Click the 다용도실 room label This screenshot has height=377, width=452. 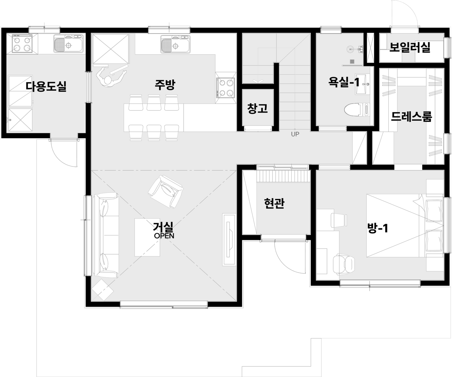(46, 86)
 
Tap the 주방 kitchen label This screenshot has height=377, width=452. (165, 85)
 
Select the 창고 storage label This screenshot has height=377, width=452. (258, 109)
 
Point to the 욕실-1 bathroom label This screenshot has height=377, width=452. (344, 82)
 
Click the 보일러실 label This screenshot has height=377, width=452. (410, 47)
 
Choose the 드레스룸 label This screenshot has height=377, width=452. (411, 116)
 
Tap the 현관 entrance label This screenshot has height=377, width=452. (274, 203)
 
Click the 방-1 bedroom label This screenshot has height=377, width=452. (378, 228)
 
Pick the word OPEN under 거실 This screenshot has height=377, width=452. (164, 236)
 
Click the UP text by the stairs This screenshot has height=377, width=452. (295, 134)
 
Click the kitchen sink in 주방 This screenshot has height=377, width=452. (176, 44)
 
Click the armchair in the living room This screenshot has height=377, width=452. (166, 192)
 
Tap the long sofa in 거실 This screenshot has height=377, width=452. (106, 235)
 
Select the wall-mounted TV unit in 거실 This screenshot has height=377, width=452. (229, 240)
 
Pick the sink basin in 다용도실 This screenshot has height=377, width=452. (69, 44)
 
